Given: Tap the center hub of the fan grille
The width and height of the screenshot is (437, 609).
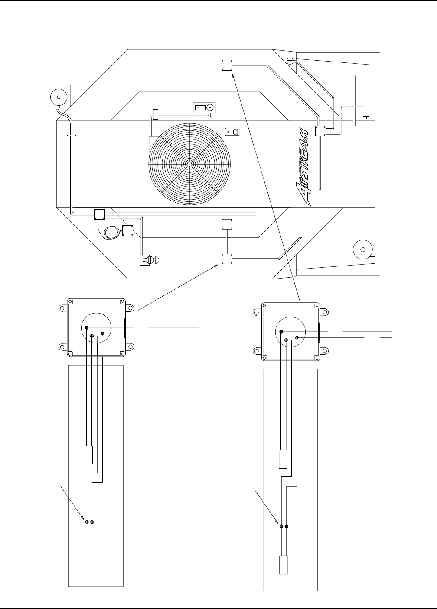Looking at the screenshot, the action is [189, 164].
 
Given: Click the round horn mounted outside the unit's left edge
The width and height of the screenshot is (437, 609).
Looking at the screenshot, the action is [59, 97].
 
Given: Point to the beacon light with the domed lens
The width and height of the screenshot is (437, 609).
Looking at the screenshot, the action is [149, 260].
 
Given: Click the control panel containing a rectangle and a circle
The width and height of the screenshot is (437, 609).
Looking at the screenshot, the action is [204, 108].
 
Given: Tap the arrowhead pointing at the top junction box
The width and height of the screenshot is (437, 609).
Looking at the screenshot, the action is [234, 77].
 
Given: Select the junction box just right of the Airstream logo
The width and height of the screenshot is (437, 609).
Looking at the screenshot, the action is [320, 131].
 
